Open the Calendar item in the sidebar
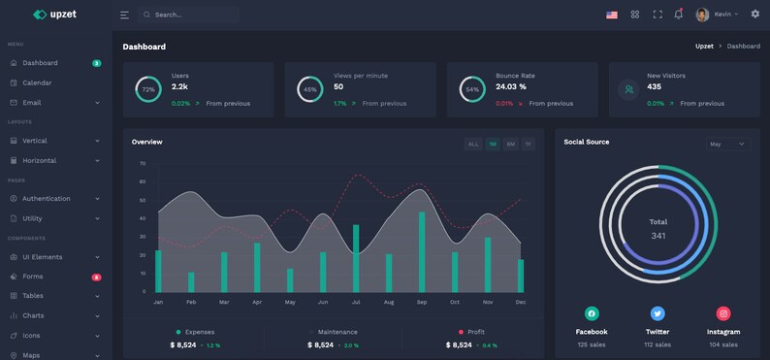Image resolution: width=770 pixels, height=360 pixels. [37, 82]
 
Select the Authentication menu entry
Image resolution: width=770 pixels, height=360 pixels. [46, 199]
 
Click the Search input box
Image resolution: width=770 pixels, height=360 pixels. [188, 15]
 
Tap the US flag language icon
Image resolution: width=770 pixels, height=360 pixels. [612, 15]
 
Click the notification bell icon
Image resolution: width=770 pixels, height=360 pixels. [679, 15]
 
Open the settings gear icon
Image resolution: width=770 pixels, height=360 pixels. [755, 15]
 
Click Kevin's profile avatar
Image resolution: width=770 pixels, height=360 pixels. [702, 15]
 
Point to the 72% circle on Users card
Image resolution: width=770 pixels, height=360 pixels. [148, 89]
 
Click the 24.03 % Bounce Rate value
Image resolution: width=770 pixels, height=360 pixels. [511, 87]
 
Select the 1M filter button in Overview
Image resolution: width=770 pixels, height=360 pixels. [493, 144]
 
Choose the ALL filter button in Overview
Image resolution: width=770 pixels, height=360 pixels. [473, 144]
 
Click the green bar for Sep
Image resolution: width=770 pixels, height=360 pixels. [422, 251]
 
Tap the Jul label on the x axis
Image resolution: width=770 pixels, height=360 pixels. [356, 303]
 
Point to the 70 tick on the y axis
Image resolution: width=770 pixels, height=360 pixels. [143, 164]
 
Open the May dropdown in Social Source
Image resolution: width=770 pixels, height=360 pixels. [727, 144]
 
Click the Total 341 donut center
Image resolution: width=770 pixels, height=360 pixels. [658, 228]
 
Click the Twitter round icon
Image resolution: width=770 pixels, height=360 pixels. [658, 313]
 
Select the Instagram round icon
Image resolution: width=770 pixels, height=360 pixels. [723, 313]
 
